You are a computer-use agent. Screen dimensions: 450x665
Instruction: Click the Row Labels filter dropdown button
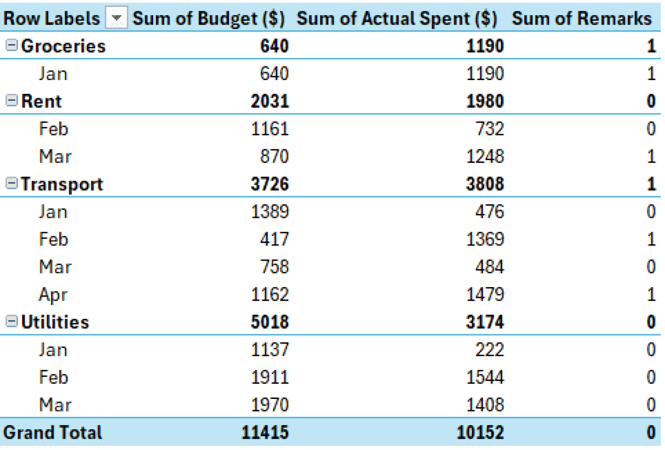point(116,18)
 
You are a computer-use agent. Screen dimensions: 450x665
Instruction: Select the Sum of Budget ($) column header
point(208,19)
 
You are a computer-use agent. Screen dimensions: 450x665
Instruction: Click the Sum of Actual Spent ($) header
point(397,19)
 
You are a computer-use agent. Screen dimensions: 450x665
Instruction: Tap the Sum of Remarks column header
point(581,19)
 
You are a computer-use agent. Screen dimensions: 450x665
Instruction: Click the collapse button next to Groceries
point(11,45)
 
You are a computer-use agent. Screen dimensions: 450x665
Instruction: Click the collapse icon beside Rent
point(11,100)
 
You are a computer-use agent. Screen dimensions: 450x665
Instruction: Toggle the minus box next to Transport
point(11,184)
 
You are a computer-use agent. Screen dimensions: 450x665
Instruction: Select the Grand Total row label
point(52,432)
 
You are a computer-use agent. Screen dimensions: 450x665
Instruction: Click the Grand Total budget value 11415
point(265,432)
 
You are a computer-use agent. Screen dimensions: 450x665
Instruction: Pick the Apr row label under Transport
point(53,295)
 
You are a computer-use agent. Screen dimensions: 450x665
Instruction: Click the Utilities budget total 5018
point(269,322)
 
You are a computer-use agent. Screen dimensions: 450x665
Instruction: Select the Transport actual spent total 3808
point(484,184)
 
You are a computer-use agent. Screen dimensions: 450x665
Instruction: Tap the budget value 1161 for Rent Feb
point(269,129)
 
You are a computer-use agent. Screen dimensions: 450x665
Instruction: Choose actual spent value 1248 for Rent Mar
point(484,156)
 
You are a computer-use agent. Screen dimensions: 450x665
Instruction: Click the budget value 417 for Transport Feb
point(274,239)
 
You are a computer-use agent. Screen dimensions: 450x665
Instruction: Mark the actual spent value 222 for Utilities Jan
point(489,350)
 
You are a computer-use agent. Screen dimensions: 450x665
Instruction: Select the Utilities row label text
point(55,322)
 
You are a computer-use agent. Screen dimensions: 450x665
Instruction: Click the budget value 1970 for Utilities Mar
point(269,405)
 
